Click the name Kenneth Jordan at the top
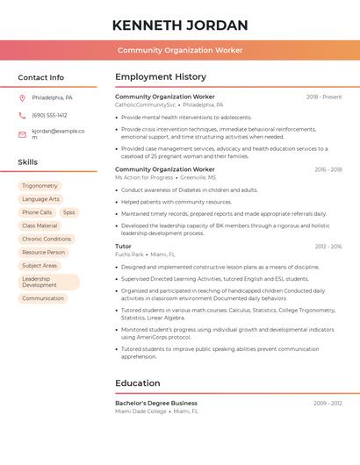pos(180,25)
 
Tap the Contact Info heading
pos(40,77)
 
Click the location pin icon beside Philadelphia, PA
pos(22,97)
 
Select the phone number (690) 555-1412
pos(49,115)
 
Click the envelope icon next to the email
pos(22,134)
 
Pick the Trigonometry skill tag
pos(40,186)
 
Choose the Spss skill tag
pos(68,212)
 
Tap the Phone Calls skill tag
pos(37,212)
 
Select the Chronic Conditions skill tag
pos(47,239)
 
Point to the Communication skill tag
pos(43,298)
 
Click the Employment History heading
pos(161,77)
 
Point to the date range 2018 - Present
pos(324,97)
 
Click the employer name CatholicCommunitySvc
pos(145,104)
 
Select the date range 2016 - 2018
pos(328,169)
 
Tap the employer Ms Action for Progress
pos(144,177)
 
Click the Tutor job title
pos(123,247)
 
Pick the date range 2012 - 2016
pos(328,247)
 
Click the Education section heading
pos(137,383)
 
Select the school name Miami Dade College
pos(140,411)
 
